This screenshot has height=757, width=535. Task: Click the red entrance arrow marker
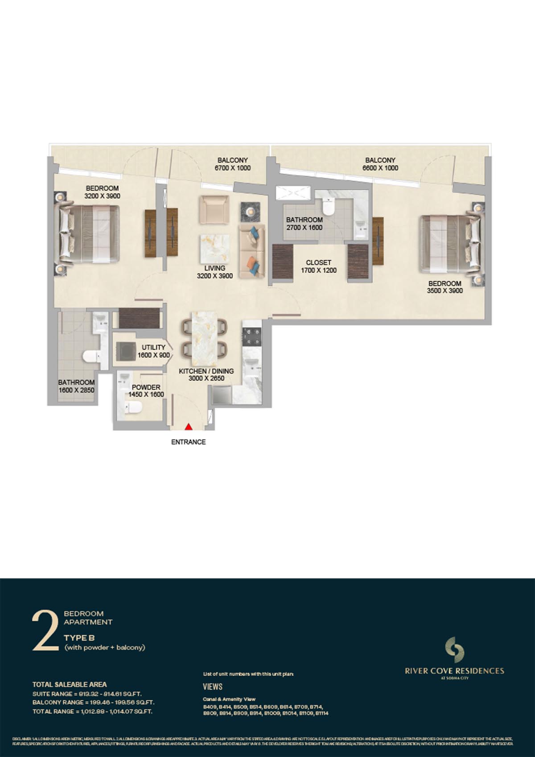(x=189, y=426)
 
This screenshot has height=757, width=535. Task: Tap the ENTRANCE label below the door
(x=189, y=442)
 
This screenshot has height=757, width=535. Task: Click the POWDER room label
(x=146, y=391)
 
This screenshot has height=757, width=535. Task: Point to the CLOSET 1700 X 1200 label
(x=318, y=266)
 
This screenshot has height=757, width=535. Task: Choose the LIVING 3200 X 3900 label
(x=214, y=272)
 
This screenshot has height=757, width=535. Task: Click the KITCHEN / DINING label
(x=206, y=375)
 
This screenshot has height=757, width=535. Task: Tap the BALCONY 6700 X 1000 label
(x=232, y=164)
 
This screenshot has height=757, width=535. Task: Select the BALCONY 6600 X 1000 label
(x=380, y=164)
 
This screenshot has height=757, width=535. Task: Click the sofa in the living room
(x=252, y=251)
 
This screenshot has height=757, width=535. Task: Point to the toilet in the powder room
(x=133, y=407)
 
